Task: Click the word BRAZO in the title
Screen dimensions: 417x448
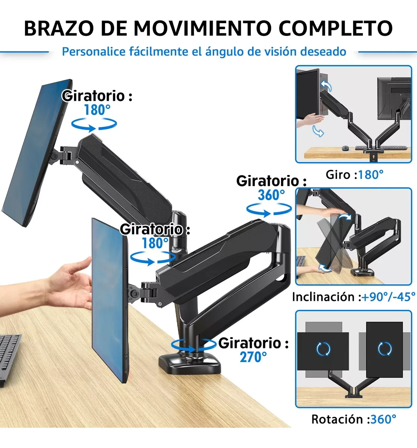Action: coord(59,28)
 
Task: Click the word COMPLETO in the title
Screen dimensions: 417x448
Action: coord(336,28)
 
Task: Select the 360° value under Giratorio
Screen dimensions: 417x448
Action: coord(271,195)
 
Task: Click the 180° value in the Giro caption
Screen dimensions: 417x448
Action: coord(371,175)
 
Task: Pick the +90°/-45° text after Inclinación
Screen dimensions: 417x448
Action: coord(388,297)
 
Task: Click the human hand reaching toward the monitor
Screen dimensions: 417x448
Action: coord(68,285)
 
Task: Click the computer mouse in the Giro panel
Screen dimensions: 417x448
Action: coord(345,148)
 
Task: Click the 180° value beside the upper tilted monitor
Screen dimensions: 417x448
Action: coord(97,110)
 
